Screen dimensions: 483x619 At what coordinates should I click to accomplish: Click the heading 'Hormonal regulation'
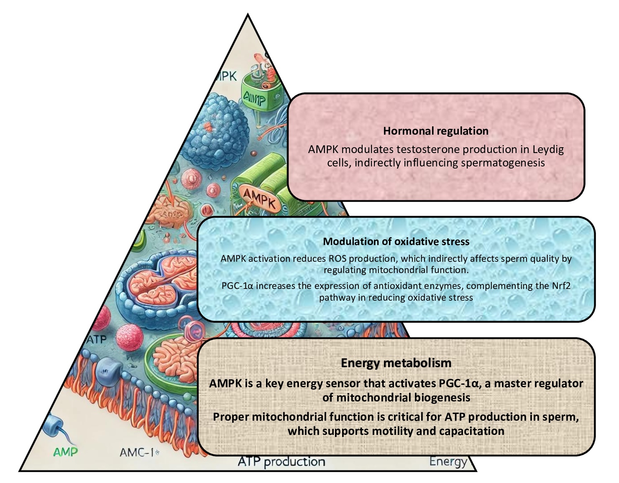pyautogui.click(x=435, y=131)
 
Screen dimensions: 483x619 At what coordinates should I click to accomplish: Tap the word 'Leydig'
pyautogui.click(x=548, y=149)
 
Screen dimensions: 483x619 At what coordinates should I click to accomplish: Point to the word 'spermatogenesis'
pyautogui.click(x=504, y=163)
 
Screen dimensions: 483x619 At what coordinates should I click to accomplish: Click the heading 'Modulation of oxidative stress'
pyautogui.click(x=396, y=241)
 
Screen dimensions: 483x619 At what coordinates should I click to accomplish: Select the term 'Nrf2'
pyautogui.click(x=561, y=286)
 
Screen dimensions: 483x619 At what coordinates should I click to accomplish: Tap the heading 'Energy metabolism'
pyautogui.click(x=396, y=363)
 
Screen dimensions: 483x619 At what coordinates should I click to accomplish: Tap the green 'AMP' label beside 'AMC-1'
pyautogui.click(x=66, y=452)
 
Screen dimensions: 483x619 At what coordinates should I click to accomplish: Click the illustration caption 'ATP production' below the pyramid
pyautogui.click(x=281, y=462)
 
